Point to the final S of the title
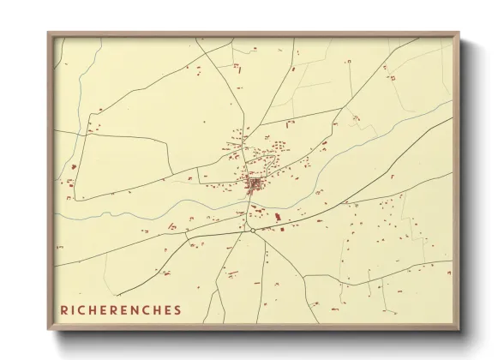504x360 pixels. [179, 309]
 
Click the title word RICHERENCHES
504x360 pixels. [121, 309]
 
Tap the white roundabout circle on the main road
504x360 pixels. [252, 229]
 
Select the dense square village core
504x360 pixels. [255, 183]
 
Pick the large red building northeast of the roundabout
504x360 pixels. [280, 228]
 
